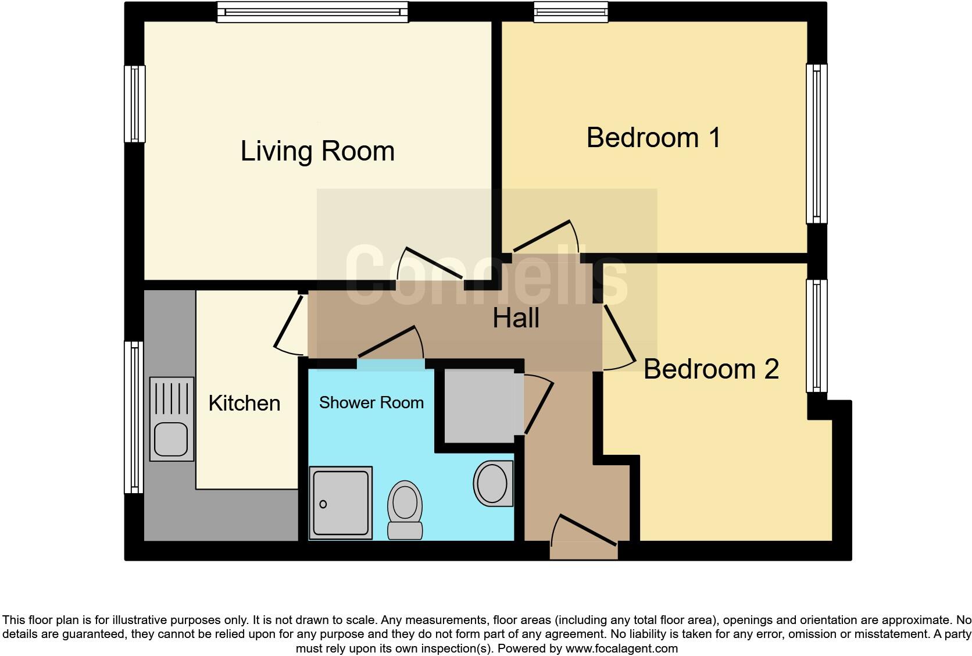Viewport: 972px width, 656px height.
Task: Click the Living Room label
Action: (317, 151)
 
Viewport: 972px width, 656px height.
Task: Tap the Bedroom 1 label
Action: (653, 138)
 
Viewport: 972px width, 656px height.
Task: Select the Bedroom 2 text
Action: (711, 369)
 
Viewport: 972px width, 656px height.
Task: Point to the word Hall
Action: (516, 318)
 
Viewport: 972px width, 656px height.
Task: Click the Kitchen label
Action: (244, 403)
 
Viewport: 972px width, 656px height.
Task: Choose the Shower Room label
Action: (371, 402)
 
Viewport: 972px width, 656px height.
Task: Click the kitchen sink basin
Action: (171, 438)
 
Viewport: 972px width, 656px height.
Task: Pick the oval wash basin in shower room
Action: (494, 483)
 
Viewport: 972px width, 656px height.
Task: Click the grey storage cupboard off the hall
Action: (480, 405)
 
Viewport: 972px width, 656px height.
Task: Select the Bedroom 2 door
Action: (619, 337)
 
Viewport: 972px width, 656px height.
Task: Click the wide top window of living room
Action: (312, 12)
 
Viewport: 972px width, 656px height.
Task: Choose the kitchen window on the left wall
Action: (134, 416)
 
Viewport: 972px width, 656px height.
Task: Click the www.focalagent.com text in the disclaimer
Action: (621, 648)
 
